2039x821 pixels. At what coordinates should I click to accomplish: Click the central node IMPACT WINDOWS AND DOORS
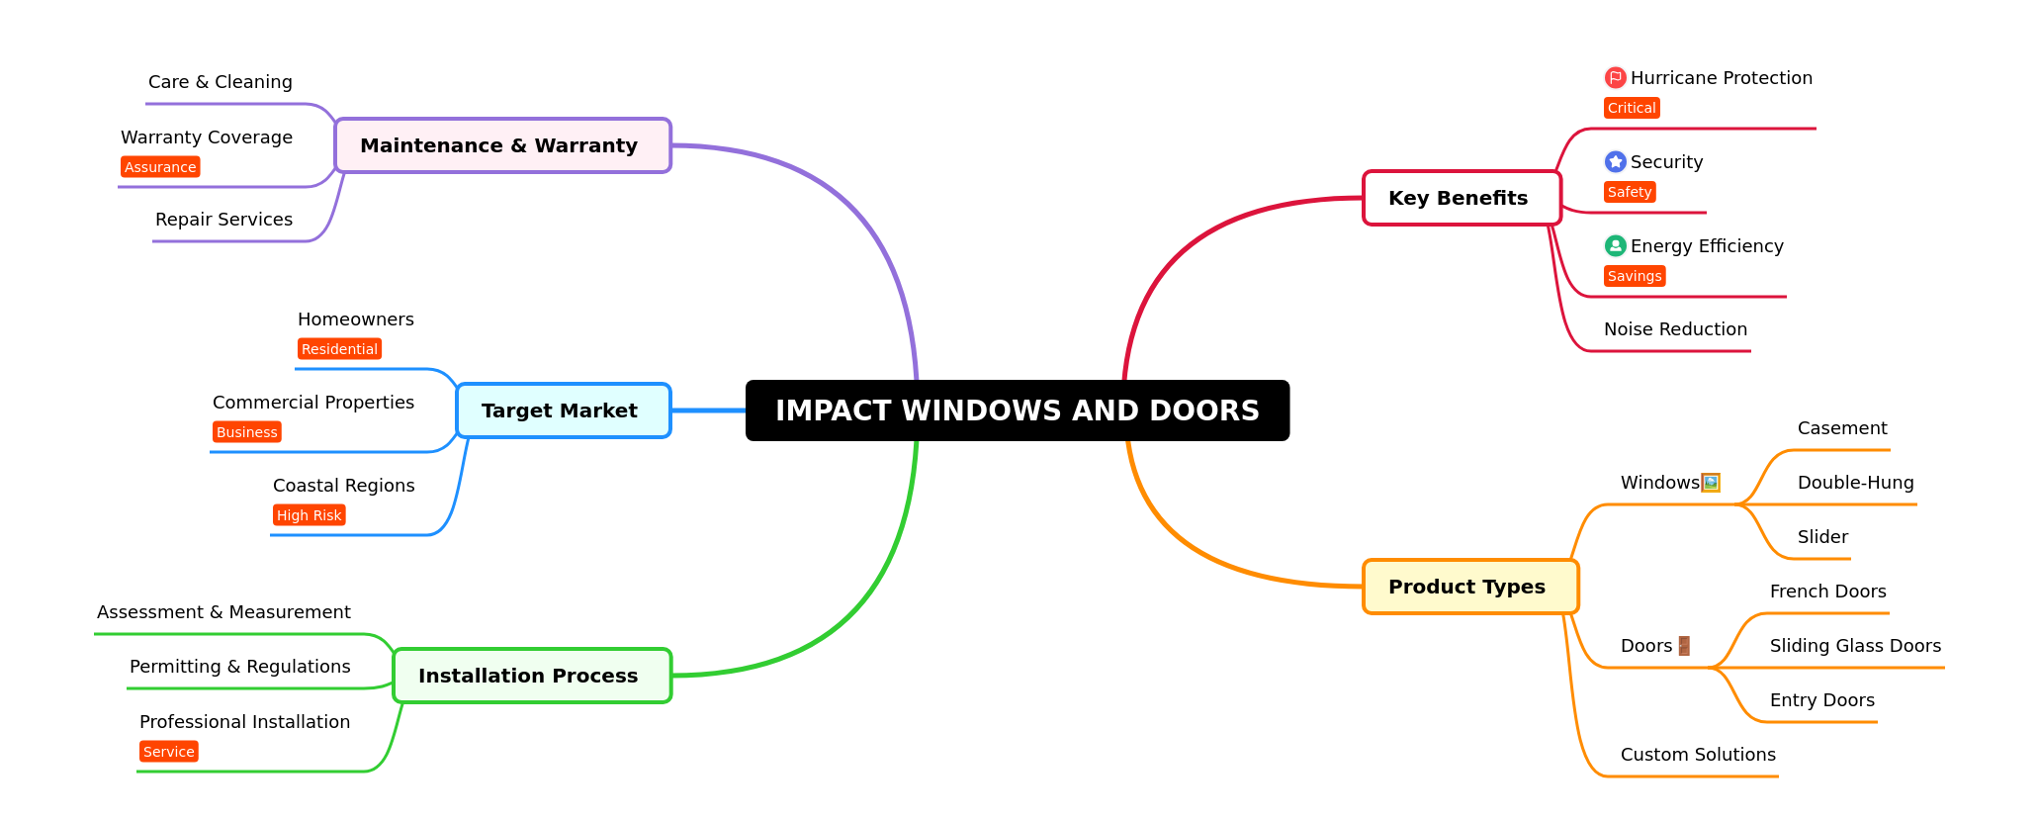click(x=1017, y=410)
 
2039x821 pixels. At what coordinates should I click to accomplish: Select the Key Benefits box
click(x=1461, y=198)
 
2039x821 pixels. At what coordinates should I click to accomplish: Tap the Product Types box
click(x=1469, y=587)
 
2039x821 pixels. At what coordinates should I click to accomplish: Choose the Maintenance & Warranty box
click(x=502, y=145)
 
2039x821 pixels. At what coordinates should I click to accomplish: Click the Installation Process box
click(x=532, y=676)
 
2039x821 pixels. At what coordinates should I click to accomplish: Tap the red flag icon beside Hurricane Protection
click(x=1615, y=77)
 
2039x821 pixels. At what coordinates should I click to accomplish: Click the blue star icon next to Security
click(x=1615, y=161)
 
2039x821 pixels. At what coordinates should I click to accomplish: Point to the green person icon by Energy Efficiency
click(x=1615, y=245)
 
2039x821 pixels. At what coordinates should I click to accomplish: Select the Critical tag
click(x=1631, y=108)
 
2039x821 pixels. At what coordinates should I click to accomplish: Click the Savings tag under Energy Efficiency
click(x=1634, y=276)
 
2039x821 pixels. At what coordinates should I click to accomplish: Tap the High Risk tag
click(x=309, y=515)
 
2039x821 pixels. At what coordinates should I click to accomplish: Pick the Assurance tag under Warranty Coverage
click(x=160, y=167)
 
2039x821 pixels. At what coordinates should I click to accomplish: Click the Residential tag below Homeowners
click(x=339, y=349)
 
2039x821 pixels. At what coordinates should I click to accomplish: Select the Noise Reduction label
click(x=1675, y=329)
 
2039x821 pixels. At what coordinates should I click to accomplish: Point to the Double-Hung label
click(x=1855, y=483)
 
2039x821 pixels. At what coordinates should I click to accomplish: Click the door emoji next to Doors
click(x=1684, y=646)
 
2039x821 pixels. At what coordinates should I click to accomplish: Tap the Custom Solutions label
click(x=1698, y=755)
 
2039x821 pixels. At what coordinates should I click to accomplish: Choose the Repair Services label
click(x=223, y=220)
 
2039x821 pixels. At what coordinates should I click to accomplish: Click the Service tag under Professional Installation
click(x=168, y=752)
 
